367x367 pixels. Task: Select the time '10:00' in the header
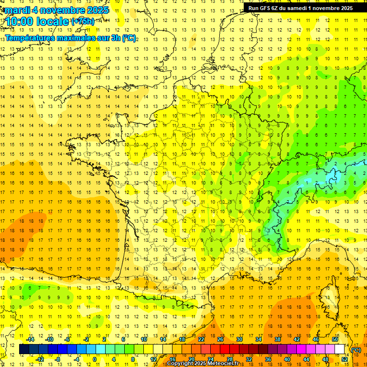[20, 22]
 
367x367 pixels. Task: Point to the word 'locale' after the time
[53, 22]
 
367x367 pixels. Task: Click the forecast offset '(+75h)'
[82, 21]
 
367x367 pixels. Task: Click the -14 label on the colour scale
[31, 339]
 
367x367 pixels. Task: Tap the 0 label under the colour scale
[95, 359]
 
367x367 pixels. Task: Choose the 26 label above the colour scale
[220, 339]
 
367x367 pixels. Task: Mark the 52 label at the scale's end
[345, 359]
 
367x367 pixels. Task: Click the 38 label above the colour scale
[278, 339]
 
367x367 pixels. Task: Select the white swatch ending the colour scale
[340, 349]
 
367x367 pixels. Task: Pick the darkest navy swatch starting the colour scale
[24, 349]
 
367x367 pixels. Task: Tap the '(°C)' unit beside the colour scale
[356, 349]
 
